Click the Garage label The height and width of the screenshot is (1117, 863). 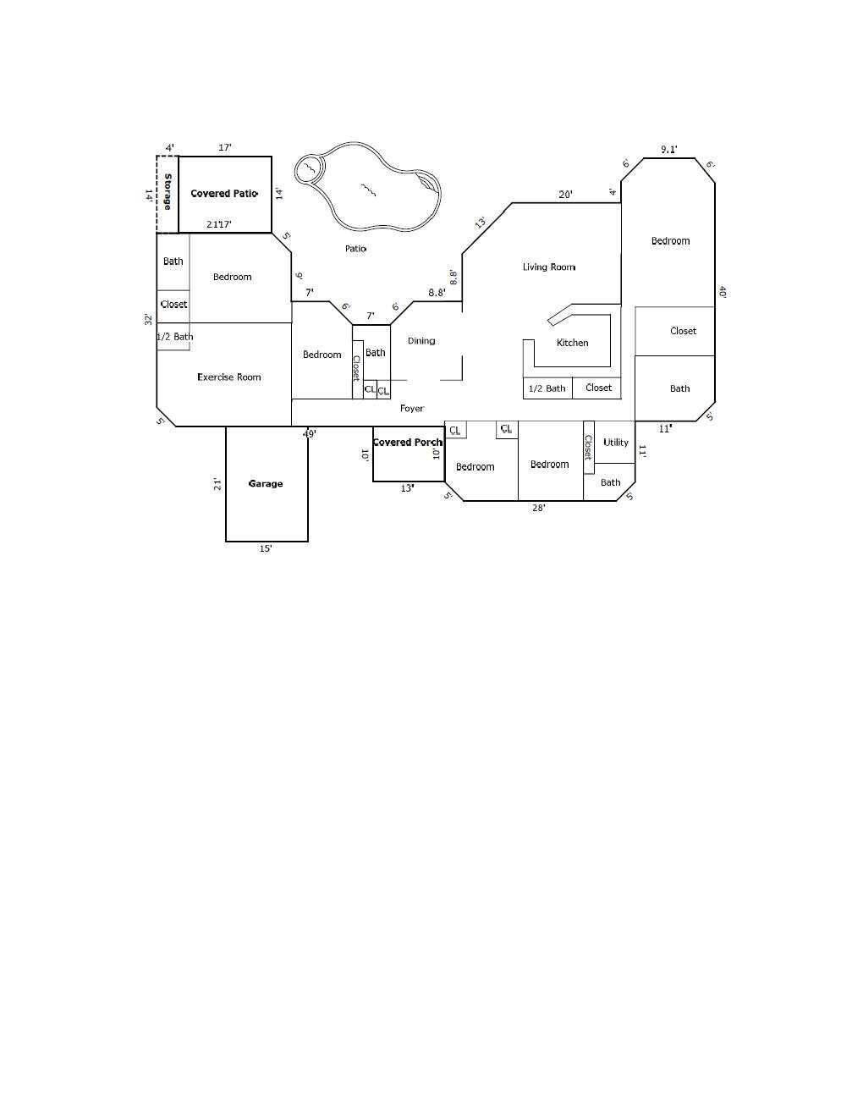tap(266, 484)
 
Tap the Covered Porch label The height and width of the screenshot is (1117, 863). tap(407, 442)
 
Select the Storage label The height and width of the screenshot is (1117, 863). tap(168, 192)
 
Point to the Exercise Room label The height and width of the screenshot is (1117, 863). tap(229, 377)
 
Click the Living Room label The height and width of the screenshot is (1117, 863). tap(549, 267)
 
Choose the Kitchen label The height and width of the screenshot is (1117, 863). tap(573, 343)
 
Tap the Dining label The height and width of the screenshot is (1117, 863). tap(421, 341)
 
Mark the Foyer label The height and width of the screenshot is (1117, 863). tap(412, 409)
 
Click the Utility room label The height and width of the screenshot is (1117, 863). tap(616, 443)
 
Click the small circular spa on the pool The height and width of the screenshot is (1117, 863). tap(310, 169)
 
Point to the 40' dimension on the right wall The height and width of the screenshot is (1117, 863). tap(723, 292)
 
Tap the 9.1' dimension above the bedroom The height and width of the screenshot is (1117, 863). tap(669, 150)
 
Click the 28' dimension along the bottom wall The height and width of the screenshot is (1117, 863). tap(539, 509)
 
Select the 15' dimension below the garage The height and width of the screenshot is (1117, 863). tap(266, 549)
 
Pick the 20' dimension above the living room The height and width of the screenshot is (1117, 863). tap(566, 195)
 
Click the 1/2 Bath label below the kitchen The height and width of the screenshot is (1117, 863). tap(547, 389)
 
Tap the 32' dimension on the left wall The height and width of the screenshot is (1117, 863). tap(148, 319)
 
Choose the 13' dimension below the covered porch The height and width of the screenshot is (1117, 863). tap(407, 489)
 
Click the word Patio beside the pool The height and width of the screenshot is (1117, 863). tap(356, 249)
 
